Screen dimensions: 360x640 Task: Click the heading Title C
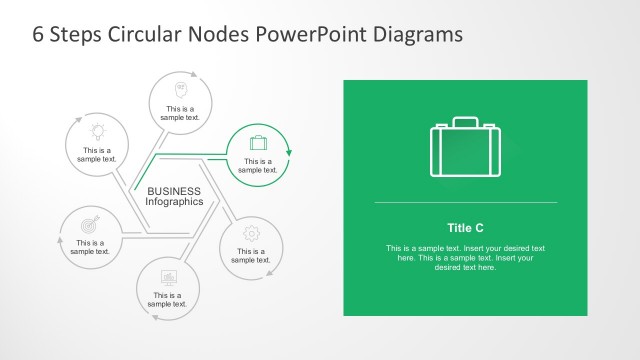coord(465,227)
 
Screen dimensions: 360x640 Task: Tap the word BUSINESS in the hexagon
coord(174,191)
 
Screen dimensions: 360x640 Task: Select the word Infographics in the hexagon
coord(175,202)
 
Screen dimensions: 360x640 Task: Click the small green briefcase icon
coord(258,142)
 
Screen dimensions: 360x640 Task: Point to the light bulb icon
coord(98,130)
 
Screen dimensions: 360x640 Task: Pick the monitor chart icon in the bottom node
coord(169,276)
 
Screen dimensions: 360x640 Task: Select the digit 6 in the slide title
coord(38,34)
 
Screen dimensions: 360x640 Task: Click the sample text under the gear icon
coord(251,256)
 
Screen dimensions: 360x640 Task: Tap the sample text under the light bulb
coord(98,155)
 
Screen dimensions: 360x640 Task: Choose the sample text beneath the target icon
coord(90,247)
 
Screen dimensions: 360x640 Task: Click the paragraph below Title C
coord(465,258)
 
